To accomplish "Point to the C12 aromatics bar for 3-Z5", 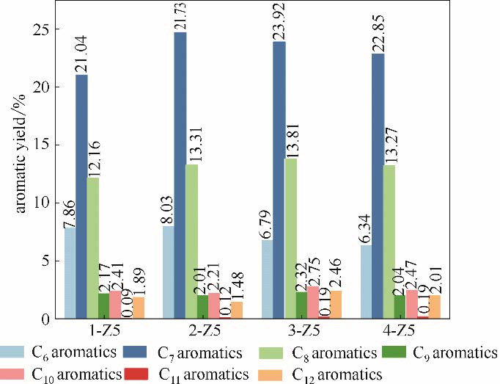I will pyautogui.click(x=334, y=305).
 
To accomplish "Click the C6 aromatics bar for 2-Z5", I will pyautogui.click(x=169, y=272).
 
